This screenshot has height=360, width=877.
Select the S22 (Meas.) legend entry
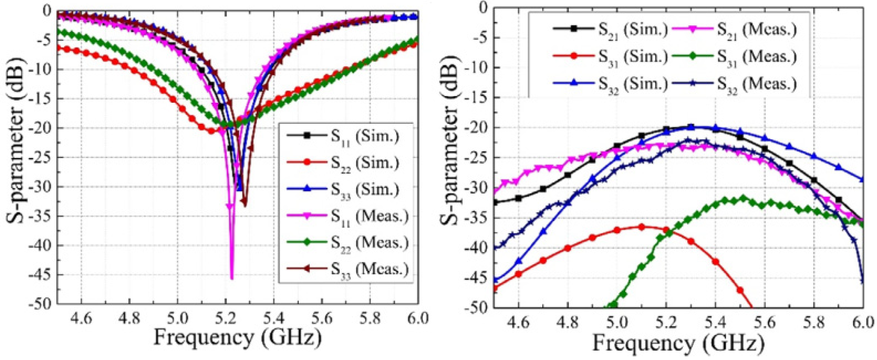click(347, 243)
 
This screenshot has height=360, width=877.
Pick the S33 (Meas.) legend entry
click(347, 270)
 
